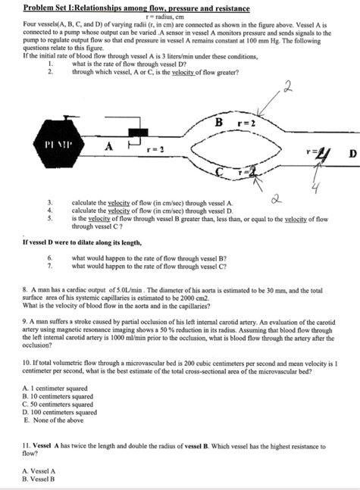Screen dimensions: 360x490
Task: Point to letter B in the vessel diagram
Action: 219,123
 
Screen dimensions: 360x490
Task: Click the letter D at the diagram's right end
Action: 352,156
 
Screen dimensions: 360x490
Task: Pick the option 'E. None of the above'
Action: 56,420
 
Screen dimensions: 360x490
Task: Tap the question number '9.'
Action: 27,321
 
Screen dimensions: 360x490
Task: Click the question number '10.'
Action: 28,364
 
